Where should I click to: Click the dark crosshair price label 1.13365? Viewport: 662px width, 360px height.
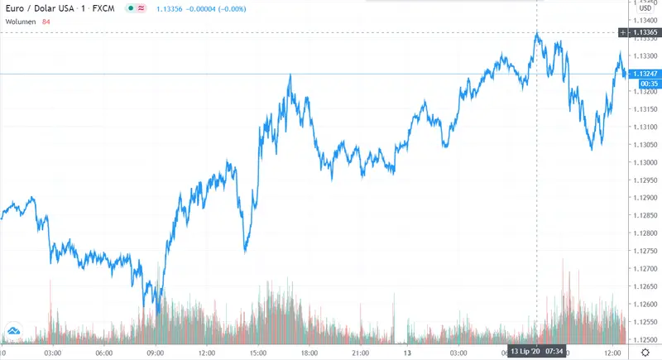click(645, 32)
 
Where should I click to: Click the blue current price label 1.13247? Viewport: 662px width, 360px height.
click(645, 74)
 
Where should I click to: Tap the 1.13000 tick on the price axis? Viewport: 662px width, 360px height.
click(645, 162)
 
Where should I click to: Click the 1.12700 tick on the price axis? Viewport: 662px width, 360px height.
click(645, 269)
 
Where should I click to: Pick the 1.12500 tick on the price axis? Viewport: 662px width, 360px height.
click(645, 340)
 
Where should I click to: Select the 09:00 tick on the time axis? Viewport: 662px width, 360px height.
click(155, 353)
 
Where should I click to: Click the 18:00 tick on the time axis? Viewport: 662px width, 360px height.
click(309, 353)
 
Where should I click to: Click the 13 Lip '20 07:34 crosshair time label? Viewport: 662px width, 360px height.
click(537, 353)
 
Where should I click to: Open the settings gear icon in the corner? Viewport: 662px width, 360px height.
click(645, 353)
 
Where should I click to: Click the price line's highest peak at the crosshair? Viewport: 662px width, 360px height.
click(537, 32)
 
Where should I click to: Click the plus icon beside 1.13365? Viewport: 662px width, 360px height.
click(623, 32)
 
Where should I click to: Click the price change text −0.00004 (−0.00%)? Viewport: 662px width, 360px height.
click(222, 7)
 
